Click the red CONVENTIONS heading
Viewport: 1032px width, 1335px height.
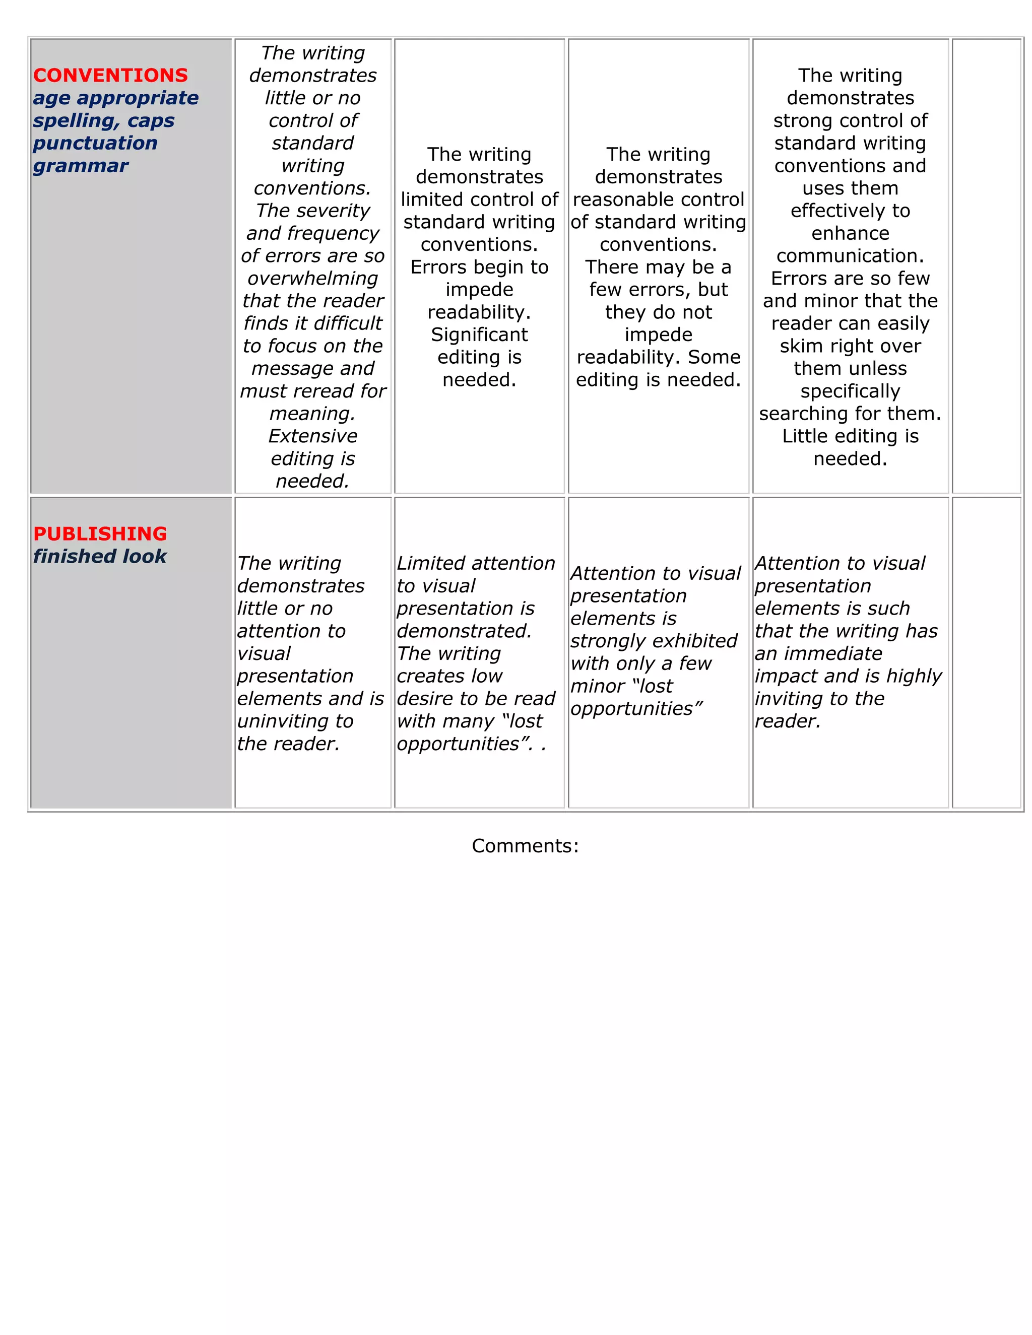(x=110, y=75)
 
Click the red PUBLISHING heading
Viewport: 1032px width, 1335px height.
(x=100, y=533)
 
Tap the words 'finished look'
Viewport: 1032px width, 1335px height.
(x=100, y=556)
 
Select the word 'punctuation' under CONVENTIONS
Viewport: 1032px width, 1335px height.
(x=95, y=143)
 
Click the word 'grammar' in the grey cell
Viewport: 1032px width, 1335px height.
(x=81, y=166)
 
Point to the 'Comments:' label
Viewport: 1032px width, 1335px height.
(x=525, y=845)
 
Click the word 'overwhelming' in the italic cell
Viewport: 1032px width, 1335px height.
(x=312, y=278)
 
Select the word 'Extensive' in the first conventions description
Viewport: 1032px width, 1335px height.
(x=312, y=436)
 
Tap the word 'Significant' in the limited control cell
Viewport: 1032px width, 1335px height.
(x=479, y=335)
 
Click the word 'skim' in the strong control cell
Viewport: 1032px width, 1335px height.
(x=798, y=346)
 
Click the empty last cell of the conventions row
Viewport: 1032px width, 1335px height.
(x=986, y=266)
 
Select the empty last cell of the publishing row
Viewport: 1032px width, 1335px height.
(x=986, y=652)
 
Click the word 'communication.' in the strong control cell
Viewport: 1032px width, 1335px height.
(x=850, y=255)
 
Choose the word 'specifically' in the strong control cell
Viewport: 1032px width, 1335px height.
(x=850, y=391)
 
